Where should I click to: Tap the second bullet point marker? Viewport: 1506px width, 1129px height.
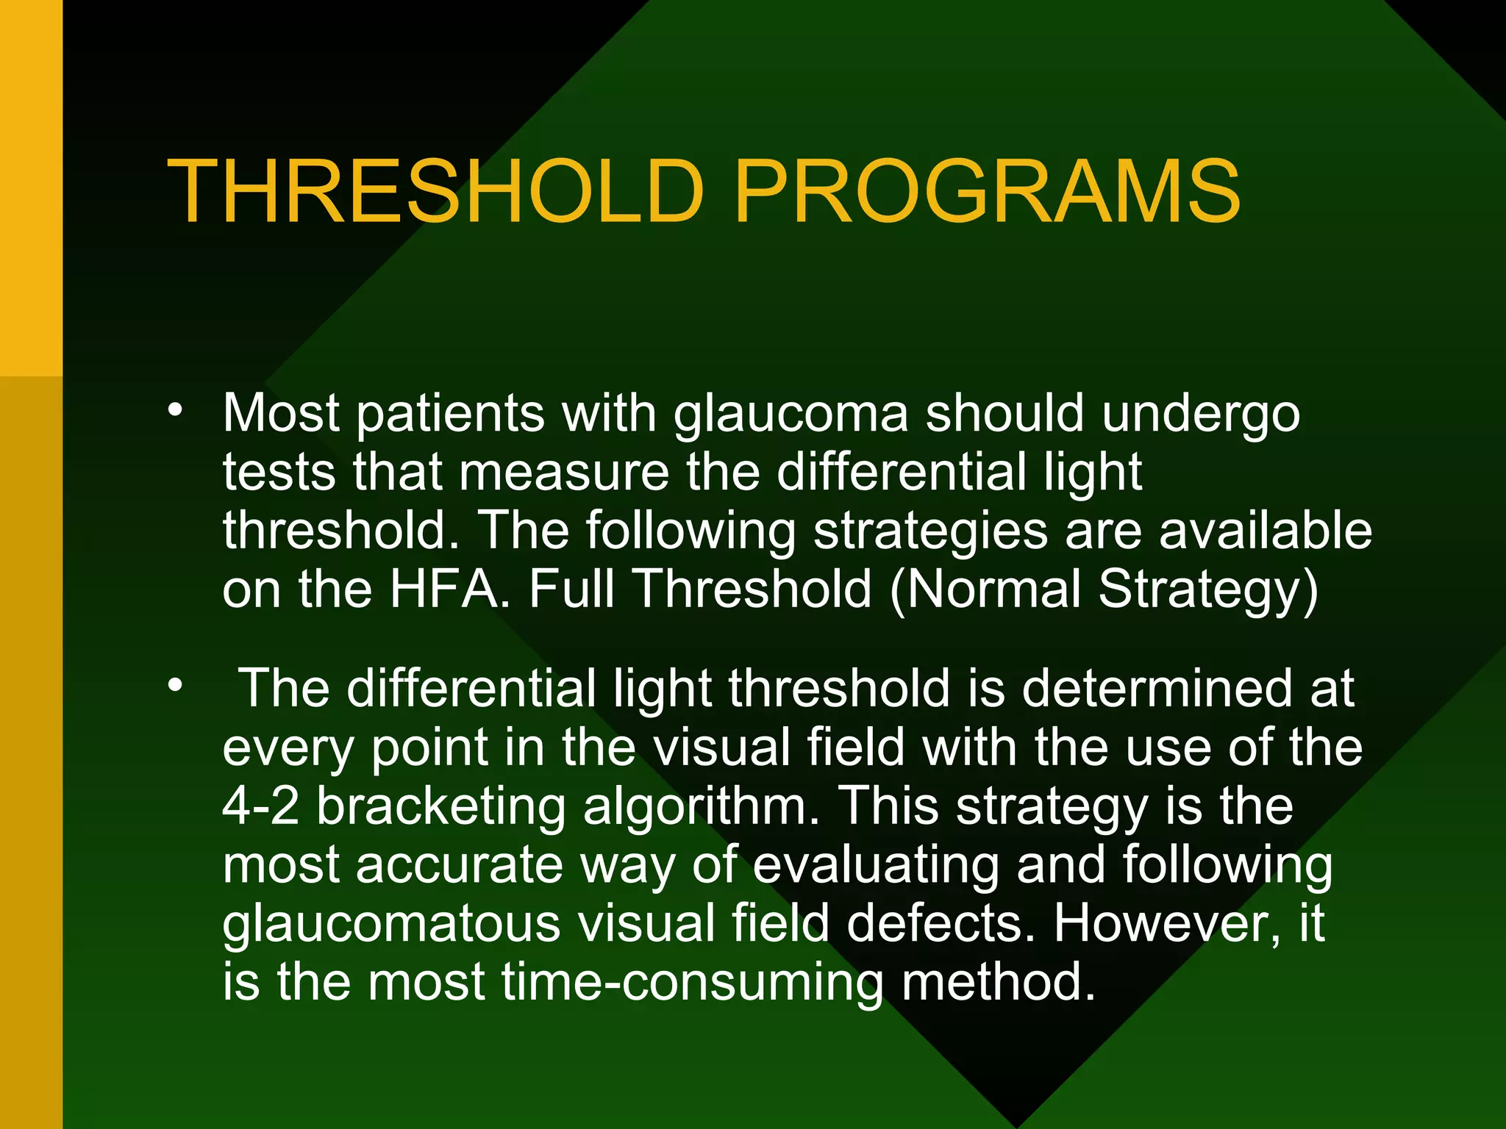[x=174, y=686]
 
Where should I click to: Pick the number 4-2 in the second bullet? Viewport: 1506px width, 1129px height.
[x=260, y=806]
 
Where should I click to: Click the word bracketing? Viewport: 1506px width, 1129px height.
[x=441, y=806]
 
